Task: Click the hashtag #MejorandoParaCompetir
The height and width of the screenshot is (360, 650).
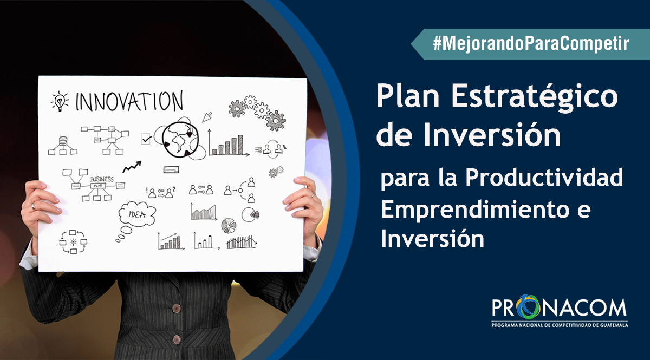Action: (x=531, y=44)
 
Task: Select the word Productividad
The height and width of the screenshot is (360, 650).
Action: (x=544, y=177)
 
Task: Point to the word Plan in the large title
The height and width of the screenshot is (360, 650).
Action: (x=408, y=95)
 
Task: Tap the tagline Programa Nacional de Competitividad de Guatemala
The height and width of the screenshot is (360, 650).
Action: (x=560, y=325)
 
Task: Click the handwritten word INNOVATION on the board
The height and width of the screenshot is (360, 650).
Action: (x=129, y=100)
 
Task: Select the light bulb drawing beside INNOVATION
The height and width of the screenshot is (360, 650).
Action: (x=60, y=101)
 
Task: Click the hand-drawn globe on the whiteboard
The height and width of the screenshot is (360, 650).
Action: (x=180, y=140)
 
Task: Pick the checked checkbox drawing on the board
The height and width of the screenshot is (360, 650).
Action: (x=146, y=139)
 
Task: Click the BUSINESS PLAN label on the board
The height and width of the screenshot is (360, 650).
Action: (x=101, y=182)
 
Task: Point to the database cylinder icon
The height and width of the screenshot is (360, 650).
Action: (x=63, y=141)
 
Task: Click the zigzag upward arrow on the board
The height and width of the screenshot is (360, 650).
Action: (x=132, y=167)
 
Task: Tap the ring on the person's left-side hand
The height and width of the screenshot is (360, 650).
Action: (x=34, y=206)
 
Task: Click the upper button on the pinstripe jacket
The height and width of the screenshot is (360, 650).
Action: (x=177, y=309)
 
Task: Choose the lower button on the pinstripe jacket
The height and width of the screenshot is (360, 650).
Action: (x=177, y=339)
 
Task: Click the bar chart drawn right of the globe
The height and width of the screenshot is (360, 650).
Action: (x=229, y=143)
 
